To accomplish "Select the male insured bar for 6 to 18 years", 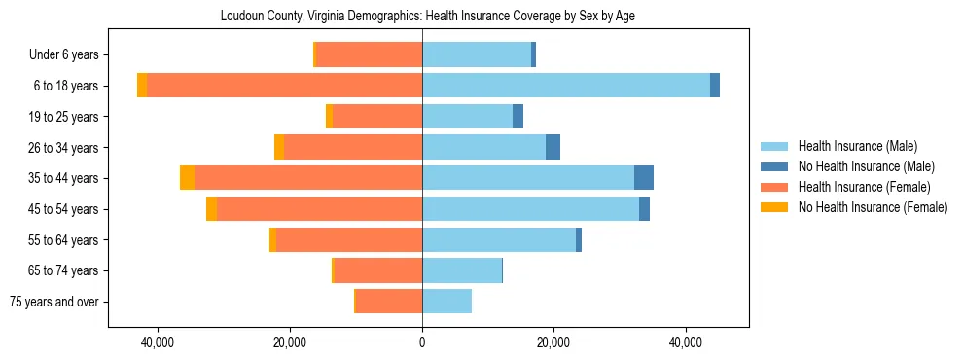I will pos(566,86).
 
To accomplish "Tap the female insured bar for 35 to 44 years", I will pos(307,178).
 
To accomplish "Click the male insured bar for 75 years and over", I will pos(446,302).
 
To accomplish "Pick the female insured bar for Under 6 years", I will pos(369,54).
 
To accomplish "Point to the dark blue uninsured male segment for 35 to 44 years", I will pos(644,178).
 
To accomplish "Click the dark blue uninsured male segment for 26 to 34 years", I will pos(553,147).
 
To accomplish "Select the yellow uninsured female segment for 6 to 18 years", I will pos(142,86).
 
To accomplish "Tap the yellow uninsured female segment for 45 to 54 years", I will pos(211,209).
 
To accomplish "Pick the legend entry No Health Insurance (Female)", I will pos(873,207).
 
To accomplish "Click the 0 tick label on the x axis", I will pos(422,342).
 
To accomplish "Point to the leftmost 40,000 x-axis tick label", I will pos(158,342).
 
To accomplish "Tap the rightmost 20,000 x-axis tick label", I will pos(553,342).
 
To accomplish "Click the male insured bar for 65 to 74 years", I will pos(462,270).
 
